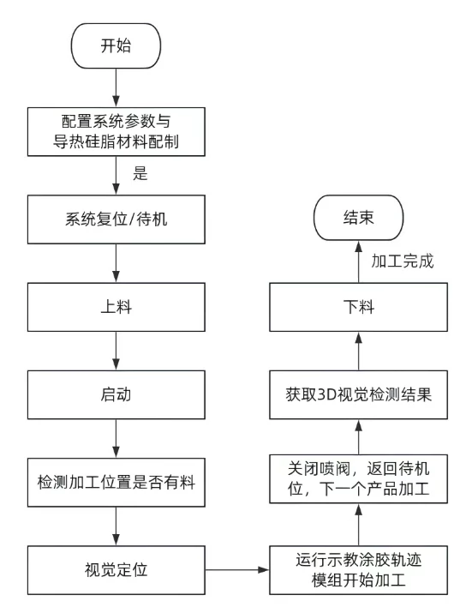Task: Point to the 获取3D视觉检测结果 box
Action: coord(357,395)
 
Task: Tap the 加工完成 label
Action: coord(402,261)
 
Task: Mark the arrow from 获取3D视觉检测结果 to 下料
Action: coord(357,352)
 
